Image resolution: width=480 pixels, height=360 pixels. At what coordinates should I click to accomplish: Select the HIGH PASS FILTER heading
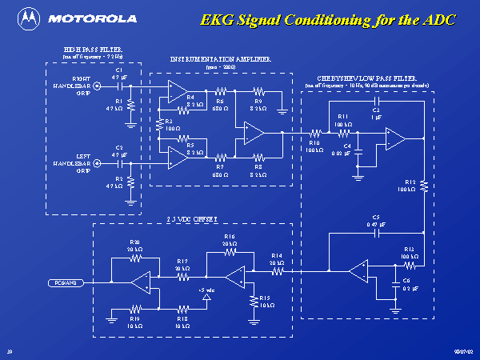coord(93,50)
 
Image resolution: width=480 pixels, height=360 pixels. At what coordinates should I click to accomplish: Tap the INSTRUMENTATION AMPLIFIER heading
coord(221,59)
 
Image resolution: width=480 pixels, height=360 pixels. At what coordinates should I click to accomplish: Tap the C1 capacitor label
coord(118,70)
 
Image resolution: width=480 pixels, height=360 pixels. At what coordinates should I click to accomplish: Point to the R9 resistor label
coord(258,102)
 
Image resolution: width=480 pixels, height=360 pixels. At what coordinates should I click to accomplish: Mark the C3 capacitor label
coord(376,110)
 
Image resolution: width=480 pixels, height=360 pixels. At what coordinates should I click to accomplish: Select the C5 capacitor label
coord(376,218)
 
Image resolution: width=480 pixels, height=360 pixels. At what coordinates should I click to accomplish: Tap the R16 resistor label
coord(230,237)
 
